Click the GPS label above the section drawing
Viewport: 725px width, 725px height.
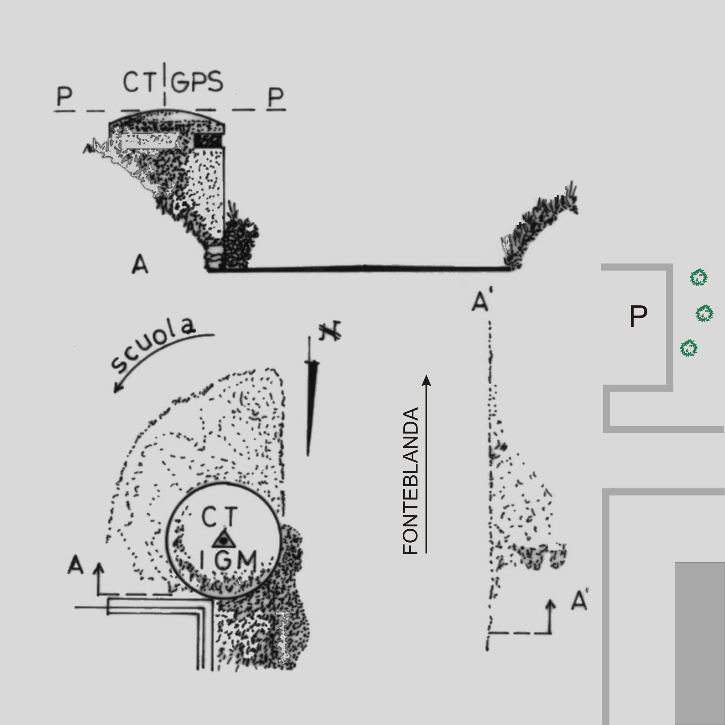point(197,82)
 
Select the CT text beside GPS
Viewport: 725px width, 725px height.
point(139,82)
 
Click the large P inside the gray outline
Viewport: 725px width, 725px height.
point(638,316)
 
